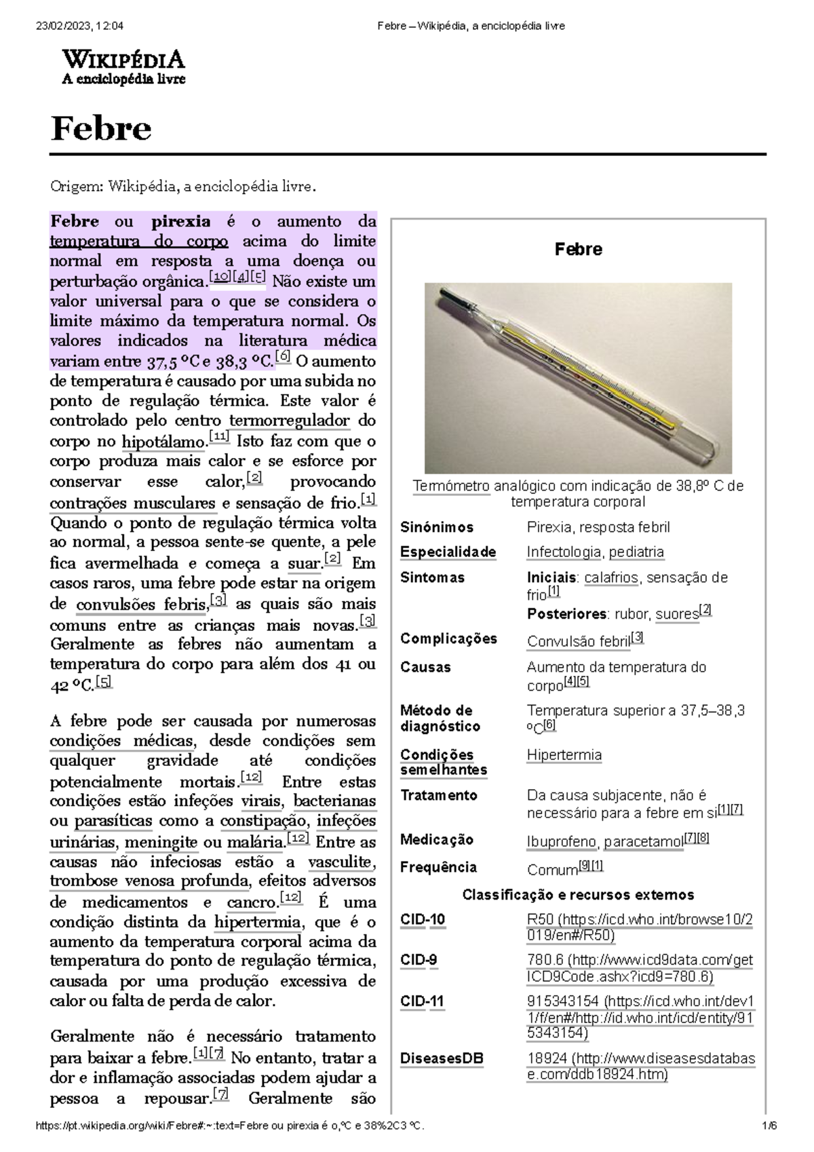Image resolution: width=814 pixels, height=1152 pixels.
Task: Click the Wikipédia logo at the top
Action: click(x=123, y=67)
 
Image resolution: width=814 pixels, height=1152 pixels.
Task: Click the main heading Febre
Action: click(x=100, y=129)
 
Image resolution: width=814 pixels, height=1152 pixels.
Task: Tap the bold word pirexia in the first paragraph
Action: click(x=180, y=222)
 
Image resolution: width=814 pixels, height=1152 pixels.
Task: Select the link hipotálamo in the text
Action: click(x=163, y=442)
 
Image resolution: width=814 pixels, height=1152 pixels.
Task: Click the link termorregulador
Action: click(x=290, y=421)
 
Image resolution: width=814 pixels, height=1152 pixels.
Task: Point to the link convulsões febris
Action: click(x=141, y=604)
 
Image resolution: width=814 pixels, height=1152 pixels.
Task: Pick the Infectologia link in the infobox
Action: click(x=564, y=552)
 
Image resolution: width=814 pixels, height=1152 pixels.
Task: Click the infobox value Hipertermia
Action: click(x=564, y=755)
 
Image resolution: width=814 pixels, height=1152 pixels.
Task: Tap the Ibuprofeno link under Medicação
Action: click(x=562, y=842)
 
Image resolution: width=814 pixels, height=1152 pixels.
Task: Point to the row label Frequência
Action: click(x=438, y=867)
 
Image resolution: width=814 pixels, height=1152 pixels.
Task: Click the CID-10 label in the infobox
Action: click(x=423, y=920)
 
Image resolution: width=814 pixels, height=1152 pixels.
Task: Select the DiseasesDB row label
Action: click(x=442, y=1058)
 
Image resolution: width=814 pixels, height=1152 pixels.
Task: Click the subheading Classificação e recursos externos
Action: click(x=578, y=895)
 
